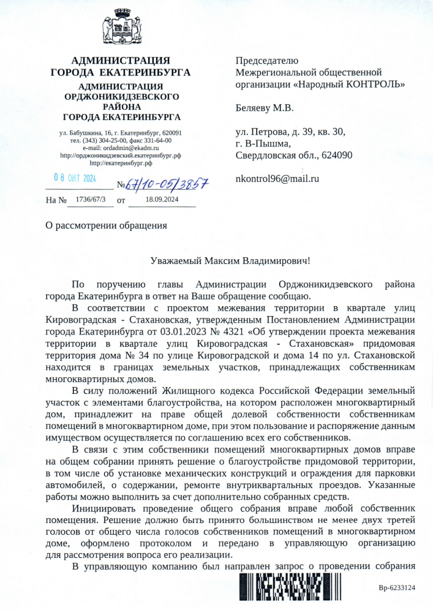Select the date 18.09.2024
click(x=162, y=199)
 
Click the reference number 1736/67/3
click(x=90, y=199)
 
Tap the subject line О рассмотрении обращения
click(x=107, y=225)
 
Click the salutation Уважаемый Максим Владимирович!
click(x=230, y=260)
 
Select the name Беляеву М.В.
click(x=265, y=108)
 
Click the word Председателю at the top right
click(x=267, y=60)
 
